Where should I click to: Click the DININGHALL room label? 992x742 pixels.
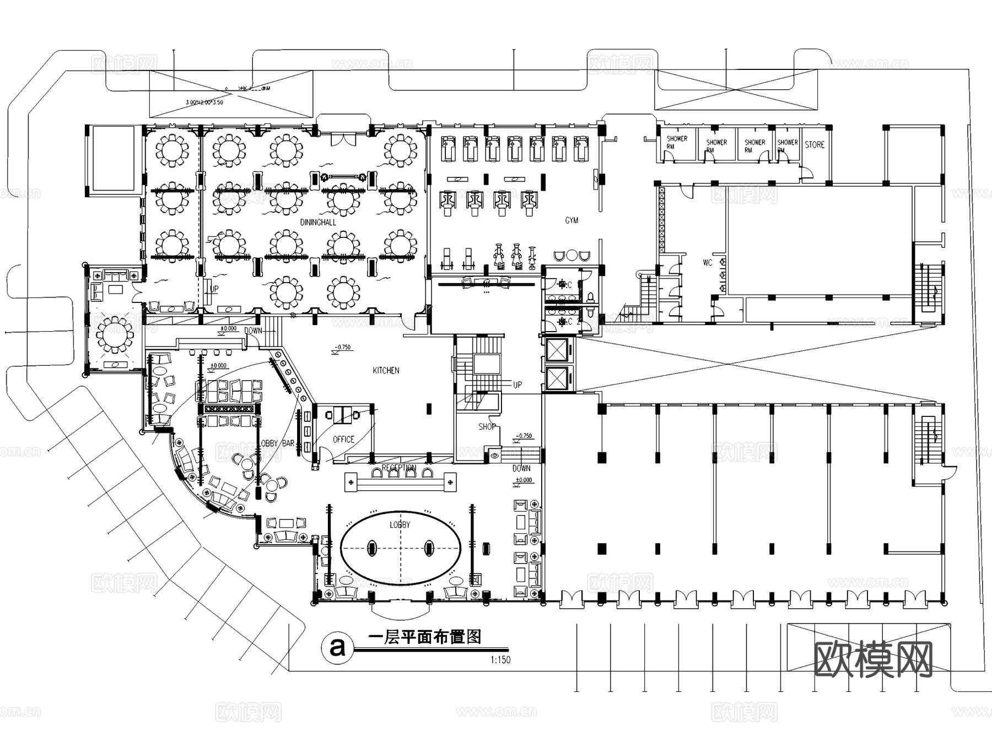(x=318, y=222)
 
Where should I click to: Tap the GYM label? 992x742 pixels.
(x=572, y=220)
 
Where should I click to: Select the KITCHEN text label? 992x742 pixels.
(x=386, y=370)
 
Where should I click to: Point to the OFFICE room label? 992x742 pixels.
(x=343, y=439)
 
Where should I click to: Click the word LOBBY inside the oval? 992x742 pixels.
(x=400, y=524)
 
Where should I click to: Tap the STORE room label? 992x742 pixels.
(x=814, y=144)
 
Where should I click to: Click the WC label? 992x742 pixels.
(x=707, y=263)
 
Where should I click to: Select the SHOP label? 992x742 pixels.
(x=487, y=426)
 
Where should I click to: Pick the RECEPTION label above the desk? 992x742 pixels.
(x=399, y=468)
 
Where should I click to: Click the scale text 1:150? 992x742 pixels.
(x=500, y=660)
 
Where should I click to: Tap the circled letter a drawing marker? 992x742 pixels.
(x=337, y=647)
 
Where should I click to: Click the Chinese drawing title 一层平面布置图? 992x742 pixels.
(x=424, y=637)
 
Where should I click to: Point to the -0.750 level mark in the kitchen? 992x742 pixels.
(x=343, y=348)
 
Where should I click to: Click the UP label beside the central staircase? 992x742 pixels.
(x=517, y=384)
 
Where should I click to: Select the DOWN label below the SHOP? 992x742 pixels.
(x=521, y=468)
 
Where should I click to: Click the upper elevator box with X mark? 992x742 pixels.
(x=558, y=350)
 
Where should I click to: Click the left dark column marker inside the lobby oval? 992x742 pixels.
(x=372, y=548)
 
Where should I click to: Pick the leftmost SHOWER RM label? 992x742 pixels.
(x=676, y=142)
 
